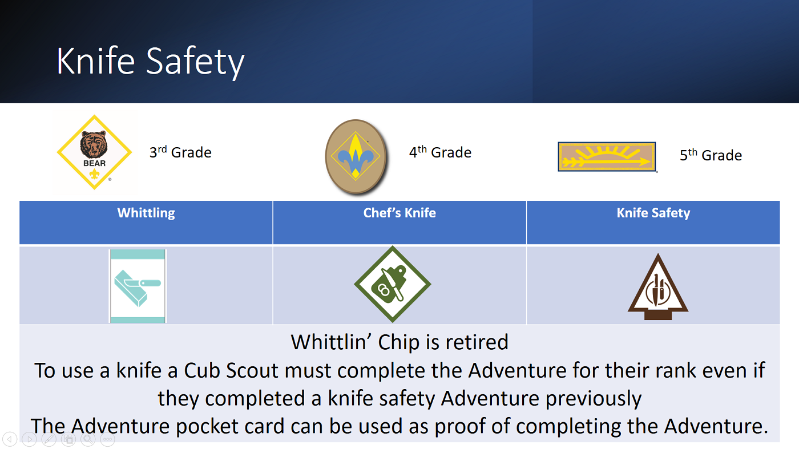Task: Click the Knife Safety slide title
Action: (x=150, y=62)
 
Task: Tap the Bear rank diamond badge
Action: (x=95, y=152)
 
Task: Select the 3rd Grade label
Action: (x=180, y=152)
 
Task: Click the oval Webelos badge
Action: (x=356, y=156)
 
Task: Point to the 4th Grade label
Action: (x=440, y=152)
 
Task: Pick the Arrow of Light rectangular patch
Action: (x=607, y=156)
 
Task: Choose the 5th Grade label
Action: (x=711, y=155)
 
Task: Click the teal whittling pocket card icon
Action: (x=138, y=286)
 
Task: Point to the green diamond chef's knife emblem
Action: (x=393, y=284)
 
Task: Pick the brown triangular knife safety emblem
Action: (x=658, y=287)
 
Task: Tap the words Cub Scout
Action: (x=231, y=370)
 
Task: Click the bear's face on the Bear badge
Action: (x=94, y=144)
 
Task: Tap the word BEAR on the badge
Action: (x=95, y=163)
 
